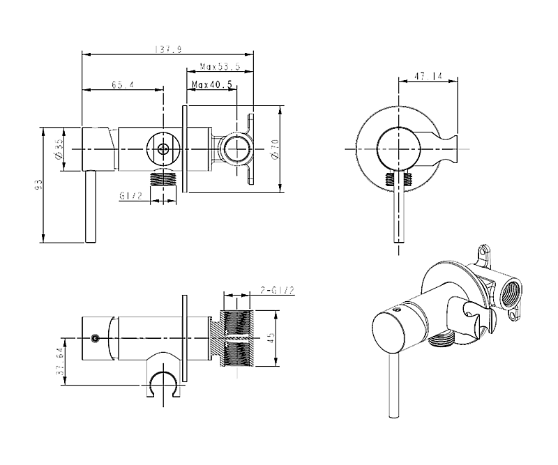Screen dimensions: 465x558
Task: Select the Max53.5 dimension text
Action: [x=220, y=66]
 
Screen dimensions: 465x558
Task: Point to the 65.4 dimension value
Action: [x=123, y=85]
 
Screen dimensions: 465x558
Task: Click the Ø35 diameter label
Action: [x=61, y=148]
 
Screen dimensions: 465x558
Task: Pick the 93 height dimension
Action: [x=40, y=185]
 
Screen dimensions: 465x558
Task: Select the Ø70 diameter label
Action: [x=275, y=148]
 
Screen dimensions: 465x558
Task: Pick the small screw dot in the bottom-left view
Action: [x=93, y=339]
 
